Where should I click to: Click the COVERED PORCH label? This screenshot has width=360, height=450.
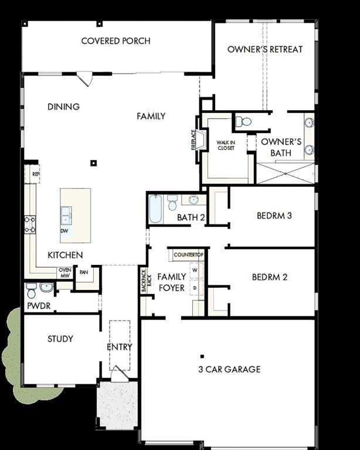point(116,41)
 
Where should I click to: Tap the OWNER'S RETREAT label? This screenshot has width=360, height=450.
point(265,49)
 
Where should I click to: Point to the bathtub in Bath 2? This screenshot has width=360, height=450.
point(155,210)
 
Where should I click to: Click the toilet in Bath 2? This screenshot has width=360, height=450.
point(172,203)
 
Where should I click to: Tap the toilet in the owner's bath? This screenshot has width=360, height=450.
point(243,122)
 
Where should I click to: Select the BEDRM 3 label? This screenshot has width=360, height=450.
point(274,216)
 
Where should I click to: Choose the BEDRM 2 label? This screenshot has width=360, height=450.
point(269,277)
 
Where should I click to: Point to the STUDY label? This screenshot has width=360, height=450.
point(60,339)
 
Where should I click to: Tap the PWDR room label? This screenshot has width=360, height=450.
point(38,306)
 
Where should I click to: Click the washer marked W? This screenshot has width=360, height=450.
point(195,271)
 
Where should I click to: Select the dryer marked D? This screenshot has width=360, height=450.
point(195,288)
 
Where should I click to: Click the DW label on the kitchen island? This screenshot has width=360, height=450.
point(64,231)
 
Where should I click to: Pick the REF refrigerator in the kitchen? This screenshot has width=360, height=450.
point(35,174)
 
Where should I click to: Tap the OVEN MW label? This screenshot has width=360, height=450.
point(64,272)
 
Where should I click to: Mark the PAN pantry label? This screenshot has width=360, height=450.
point(84,272)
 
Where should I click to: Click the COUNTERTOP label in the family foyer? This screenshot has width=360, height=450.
point(188,255)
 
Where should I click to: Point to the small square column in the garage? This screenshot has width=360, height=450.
point(202,356)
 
